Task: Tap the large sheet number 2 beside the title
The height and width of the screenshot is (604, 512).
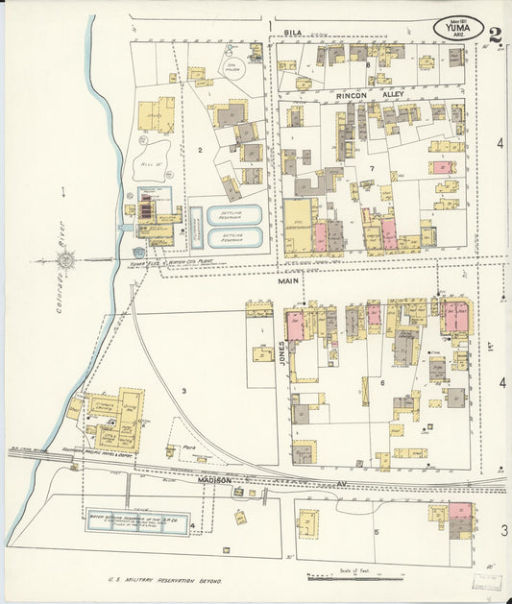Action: (495, 36)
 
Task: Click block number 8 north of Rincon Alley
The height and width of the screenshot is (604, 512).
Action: (368, 64)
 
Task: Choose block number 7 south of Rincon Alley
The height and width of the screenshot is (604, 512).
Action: (370, 169)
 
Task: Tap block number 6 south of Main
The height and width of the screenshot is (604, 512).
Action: (381, 383)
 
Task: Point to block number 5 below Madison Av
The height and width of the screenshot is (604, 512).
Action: (376, 531)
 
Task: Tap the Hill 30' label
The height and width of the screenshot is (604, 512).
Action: (152, 164)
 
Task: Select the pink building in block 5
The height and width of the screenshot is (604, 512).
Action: (460, 512)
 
